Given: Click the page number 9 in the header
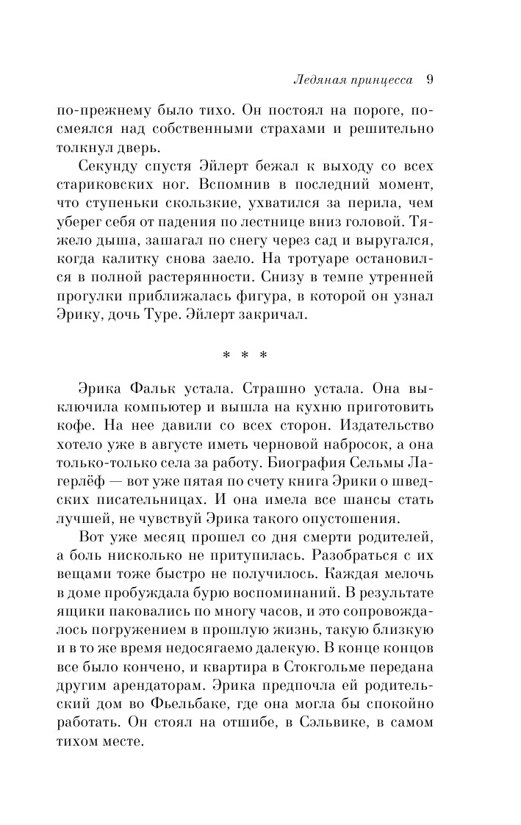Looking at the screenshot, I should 431,79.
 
